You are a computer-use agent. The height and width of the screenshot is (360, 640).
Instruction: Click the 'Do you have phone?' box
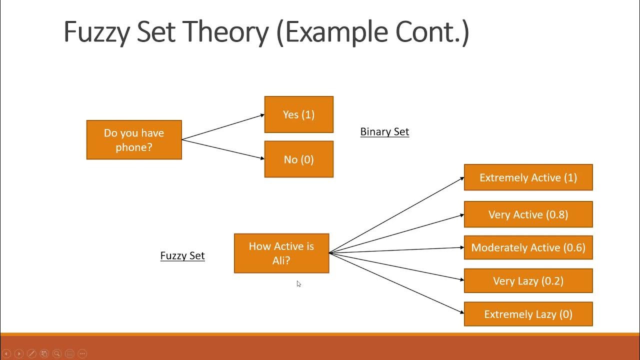click(134, 140)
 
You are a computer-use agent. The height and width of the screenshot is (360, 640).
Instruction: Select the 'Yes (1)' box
click(298, 114)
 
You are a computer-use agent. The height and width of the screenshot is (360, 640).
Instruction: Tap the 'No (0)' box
click(298, 159)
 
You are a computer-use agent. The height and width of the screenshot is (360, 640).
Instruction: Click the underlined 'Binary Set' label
click(384, 131)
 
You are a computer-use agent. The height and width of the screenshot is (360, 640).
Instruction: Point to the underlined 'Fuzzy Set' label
click(182, 255)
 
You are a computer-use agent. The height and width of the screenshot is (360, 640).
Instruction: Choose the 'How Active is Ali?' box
click(281, 253)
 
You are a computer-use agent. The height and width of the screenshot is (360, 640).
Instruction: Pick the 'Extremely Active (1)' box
click(528, 177)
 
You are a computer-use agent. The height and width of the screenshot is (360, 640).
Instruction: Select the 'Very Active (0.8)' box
click(528, 214)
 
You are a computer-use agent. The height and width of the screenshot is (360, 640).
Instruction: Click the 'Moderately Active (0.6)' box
click(528, 247)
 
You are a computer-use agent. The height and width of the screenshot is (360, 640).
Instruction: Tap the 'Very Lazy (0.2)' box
click(528, 281)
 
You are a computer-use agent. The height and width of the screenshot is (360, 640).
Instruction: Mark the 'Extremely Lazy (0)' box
click(528, 314)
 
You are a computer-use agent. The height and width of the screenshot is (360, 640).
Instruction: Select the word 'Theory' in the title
click(227, 32)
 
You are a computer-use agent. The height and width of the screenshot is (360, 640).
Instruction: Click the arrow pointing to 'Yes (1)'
click(223, 127)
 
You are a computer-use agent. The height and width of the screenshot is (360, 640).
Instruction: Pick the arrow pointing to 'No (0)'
click(223, 149)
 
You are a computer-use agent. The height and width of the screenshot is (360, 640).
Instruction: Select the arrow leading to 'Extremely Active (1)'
click(396, 215)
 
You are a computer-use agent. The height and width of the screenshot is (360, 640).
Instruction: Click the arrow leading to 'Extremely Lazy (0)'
click(396, 283)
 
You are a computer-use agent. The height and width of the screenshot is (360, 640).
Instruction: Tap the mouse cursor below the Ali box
click(298, 284)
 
